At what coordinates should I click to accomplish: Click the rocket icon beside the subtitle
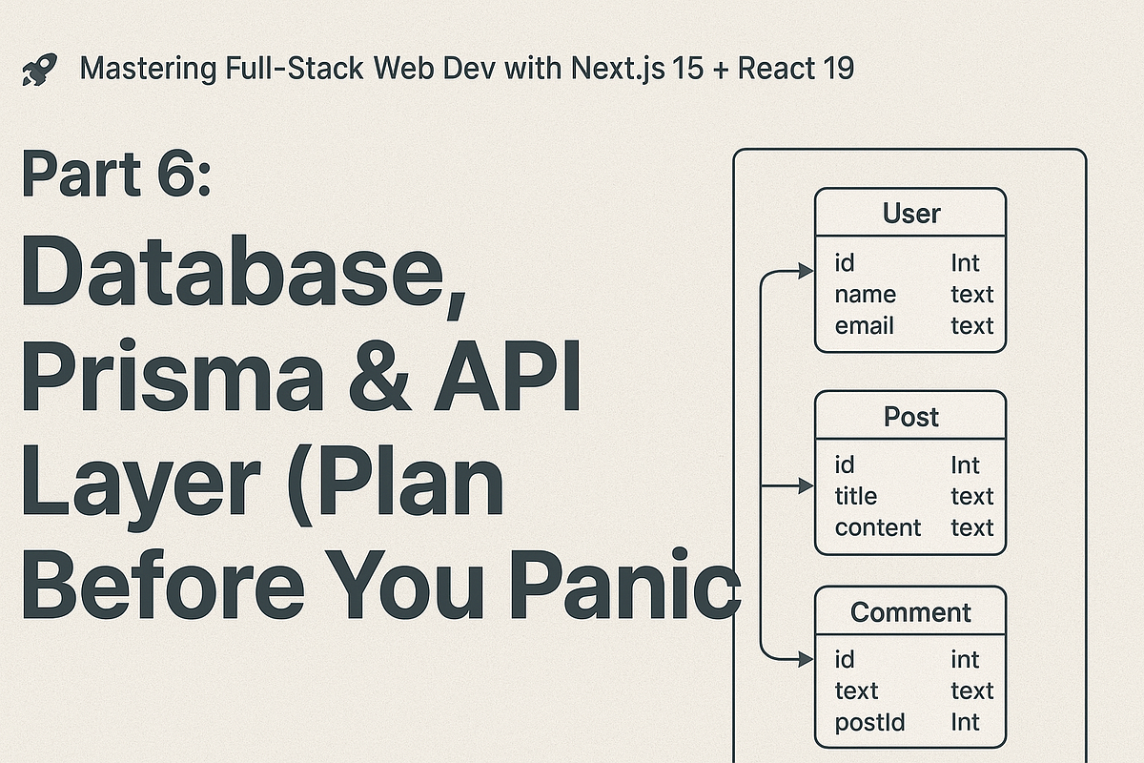38,69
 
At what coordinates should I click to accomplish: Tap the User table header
910,213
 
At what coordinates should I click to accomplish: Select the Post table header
910,417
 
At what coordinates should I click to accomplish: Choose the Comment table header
910,612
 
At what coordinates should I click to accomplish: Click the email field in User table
864,326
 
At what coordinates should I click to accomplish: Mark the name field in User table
865,295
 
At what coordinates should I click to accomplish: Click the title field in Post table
855,497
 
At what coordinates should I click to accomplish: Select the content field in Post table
877,528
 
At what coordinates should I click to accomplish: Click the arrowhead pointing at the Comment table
804,658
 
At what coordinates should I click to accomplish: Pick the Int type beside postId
965,723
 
